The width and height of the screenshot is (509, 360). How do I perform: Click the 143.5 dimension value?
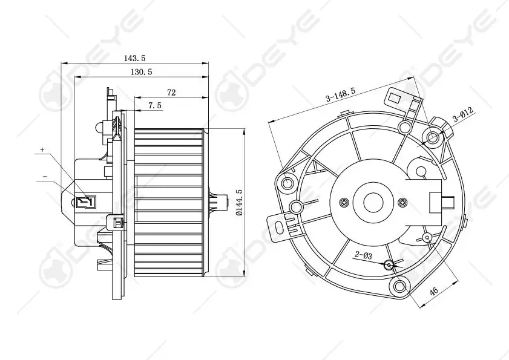tap(136, 58)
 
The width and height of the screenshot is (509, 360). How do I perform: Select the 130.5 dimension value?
tap(141, 72)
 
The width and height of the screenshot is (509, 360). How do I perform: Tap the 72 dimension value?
tap(171, 93)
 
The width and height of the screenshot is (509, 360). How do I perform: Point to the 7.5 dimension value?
tap(154, 105)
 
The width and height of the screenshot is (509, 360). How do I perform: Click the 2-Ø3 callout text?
tap(363, 256)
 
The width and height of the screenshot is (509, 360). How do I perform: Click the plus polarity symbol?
tap(42, 149)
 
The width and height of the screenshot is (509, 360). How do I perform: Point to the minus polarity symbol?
tap(45, 176)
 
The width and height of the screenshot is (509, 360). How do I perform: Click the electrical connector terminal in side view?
tap(85, 200)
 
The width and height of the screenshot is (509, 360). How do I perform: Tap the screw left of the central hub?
tap(344, 201)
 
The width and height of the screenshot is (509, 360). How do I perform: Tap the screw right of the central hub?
tap(402, 201)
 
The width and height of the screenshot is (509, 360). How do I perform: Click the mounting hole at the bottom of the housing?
tap(399, 286)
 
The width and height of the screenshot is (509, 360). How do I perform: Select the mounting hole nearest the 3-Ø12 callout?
tap(433, 137)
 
